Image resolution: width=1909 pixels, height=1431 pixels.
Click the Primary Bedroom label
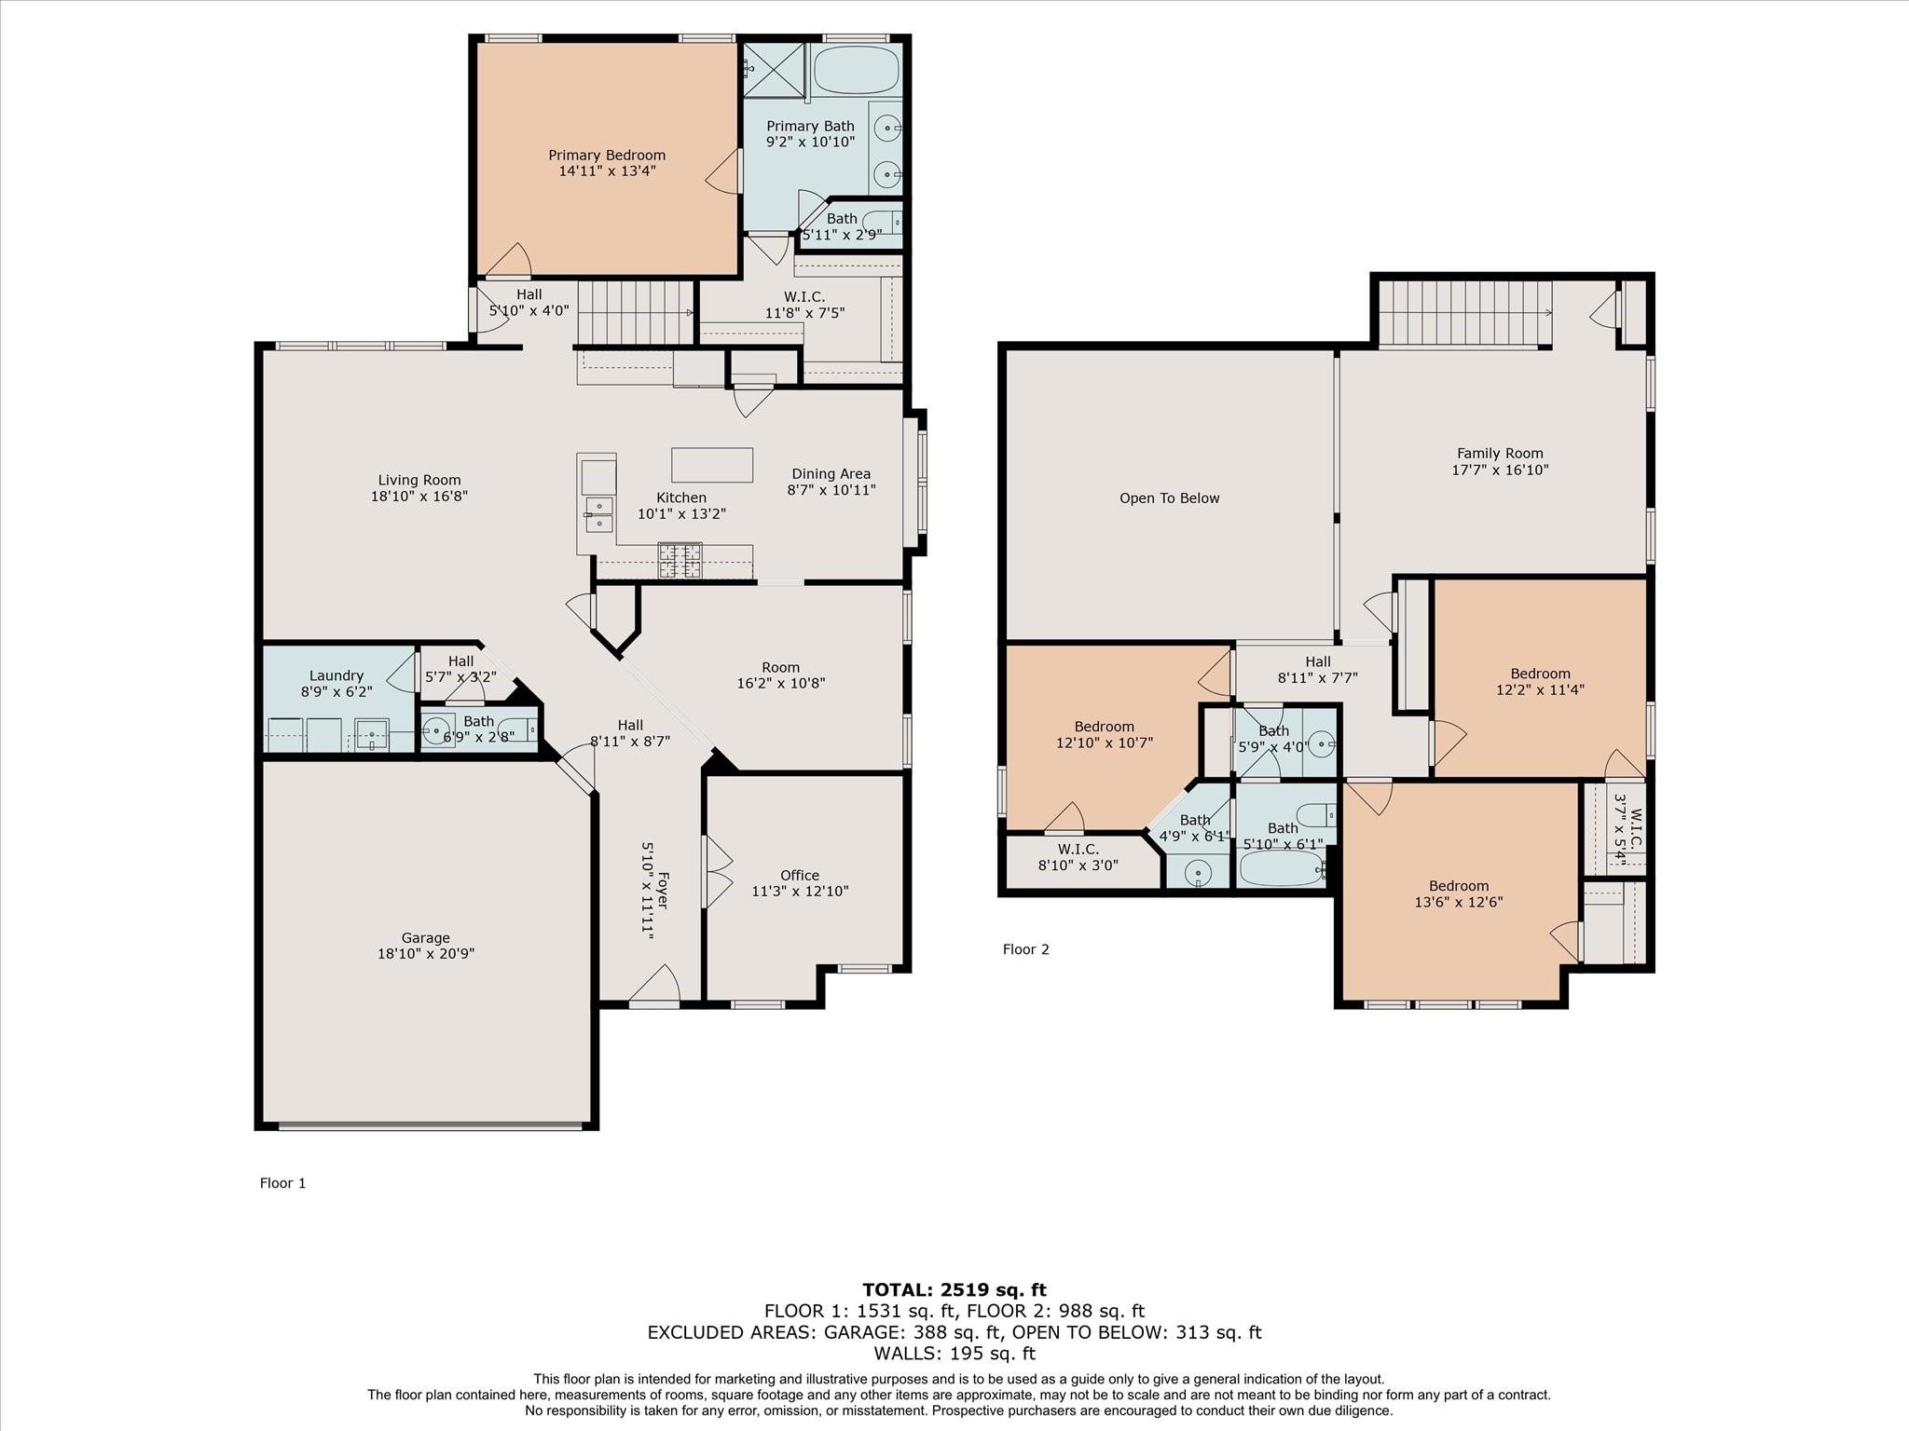607,156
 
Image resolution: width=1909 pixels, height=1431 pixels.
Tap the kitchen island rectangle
712,465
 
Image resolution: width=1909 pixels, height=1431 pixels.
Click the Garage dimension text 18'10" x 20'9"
426,954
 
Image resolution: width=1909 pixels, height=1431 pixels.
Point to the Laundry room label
336,675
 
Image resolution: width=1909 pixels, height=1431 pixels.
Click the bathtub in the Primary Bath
856,70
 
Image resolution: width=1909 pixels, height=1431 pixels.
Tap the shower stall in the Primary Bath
773,70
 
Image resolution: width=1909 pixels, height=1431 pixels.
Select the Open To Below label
1170,498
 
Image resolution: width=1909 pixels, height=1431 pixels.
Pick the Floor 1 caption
282,1183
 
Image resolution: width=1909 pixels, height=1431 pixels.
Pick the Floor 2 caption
1026,949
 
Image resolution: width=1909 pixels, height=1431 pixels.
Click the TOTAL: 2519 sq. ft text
954,1289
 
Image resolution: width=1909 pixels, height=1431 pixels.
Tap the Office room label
800,876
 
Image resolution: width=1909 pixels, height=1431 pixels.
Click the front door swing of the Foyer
654,984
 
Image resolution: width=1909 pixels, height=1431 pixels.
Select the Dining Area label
831,473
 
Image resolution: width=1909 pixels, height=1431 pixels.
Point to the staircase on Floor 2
1465,314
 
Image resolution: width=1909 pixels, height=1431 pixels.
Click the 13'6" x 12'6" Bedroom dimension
1459,902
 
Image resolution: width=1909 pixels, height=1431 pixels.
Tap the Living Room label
419,481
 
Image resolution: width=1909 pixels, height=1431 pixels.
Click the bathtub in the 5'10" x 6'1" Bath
1282,868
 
